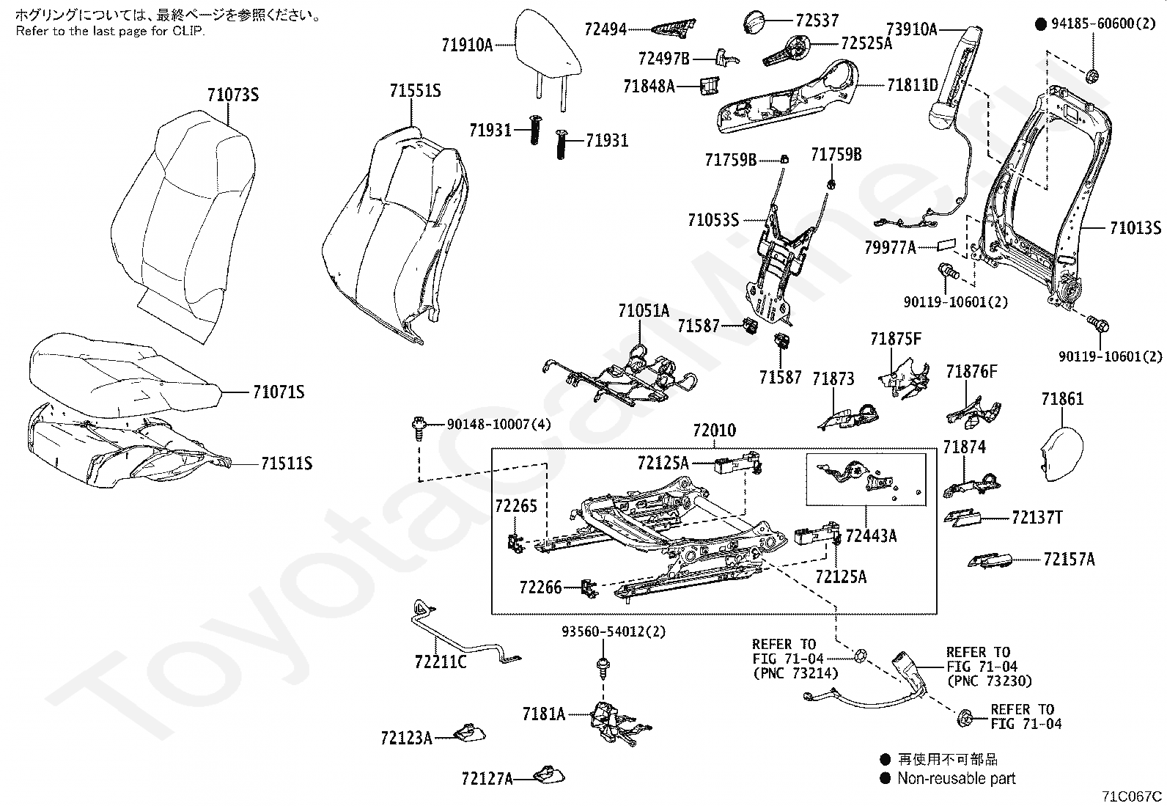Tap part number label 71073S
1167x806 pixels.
click(x=233, y=95)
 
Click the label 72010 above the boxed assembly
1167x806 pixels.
click(x=714, y=430)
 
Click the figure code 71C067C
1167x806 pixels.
click(x=1132, y=796)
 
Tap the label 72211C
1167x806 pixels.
click(x=441, y=662)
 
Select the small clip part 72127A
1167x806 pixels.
click(x=548, y=775)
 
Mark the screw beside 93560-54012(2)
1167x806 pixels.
click(x=603, y=668)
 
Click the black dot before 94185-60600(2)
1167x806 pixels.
click(x=1040, y=24)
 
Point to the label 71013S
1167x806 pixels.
click(x=1135, y=228)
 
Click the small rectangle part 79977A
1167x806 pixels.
click(x=946, y=244)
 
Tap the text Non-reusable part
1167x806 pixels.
click(x=957, y=778)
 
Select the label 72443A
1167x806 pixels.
click(x=871, y=535)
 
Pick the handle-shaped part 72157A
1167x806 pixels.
click(x=989, y=561)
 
